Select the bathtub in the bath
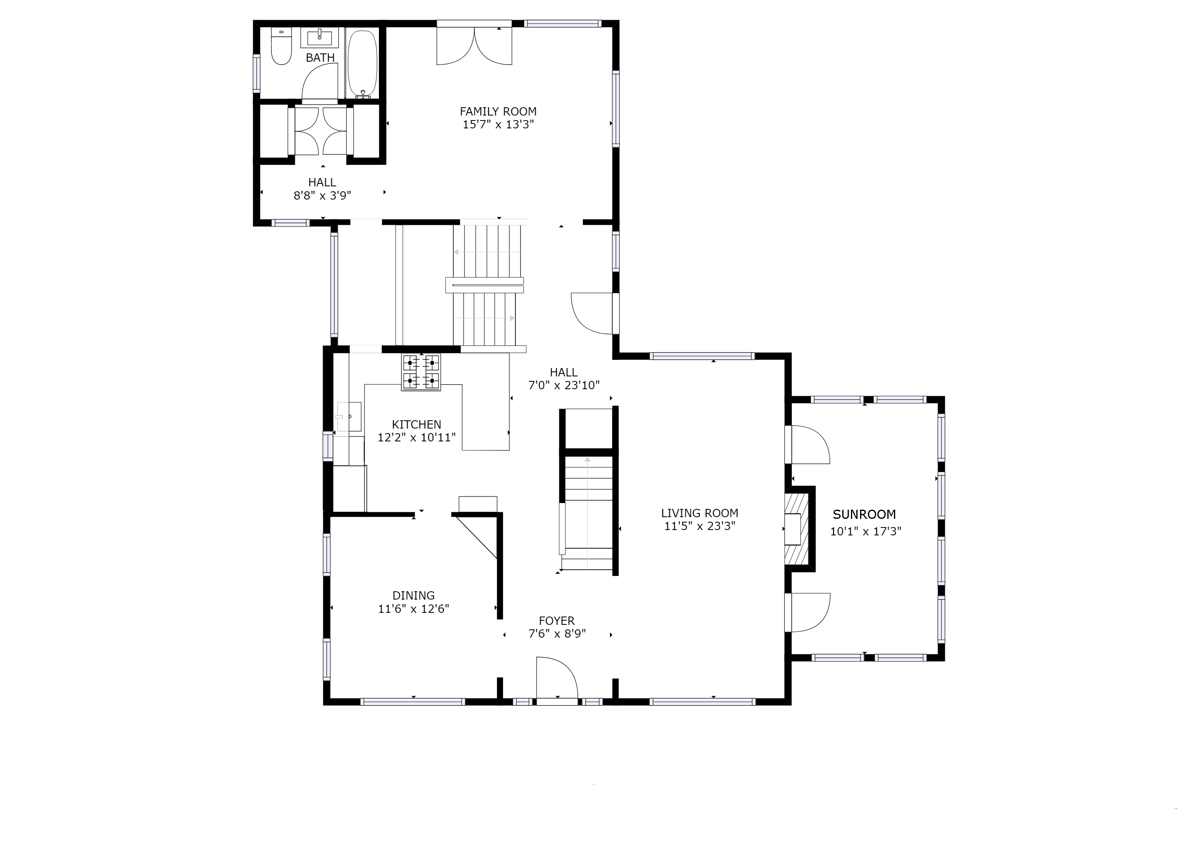(x=362, y=63)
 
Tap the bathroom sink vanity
(x=319, y=38)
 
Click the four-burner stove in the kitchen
(x=421, y=372)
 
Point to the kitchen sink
(x=349, y=416)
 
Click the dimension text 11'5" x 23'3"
(x=699, y=526)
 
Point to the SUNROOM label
(x=864, y=514)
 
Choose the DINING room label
(x=413, y=595)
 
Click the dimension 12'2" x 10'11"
(x=417, y=438)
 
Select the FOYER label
(x=556, y=621)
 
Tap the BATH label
(x=320, y=58)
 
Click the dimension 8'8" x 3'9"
(x=322, y=196)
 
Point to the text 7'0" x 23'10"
(x=563, y=386)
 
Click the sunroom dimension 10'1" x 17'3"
(x=866, y=532)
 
